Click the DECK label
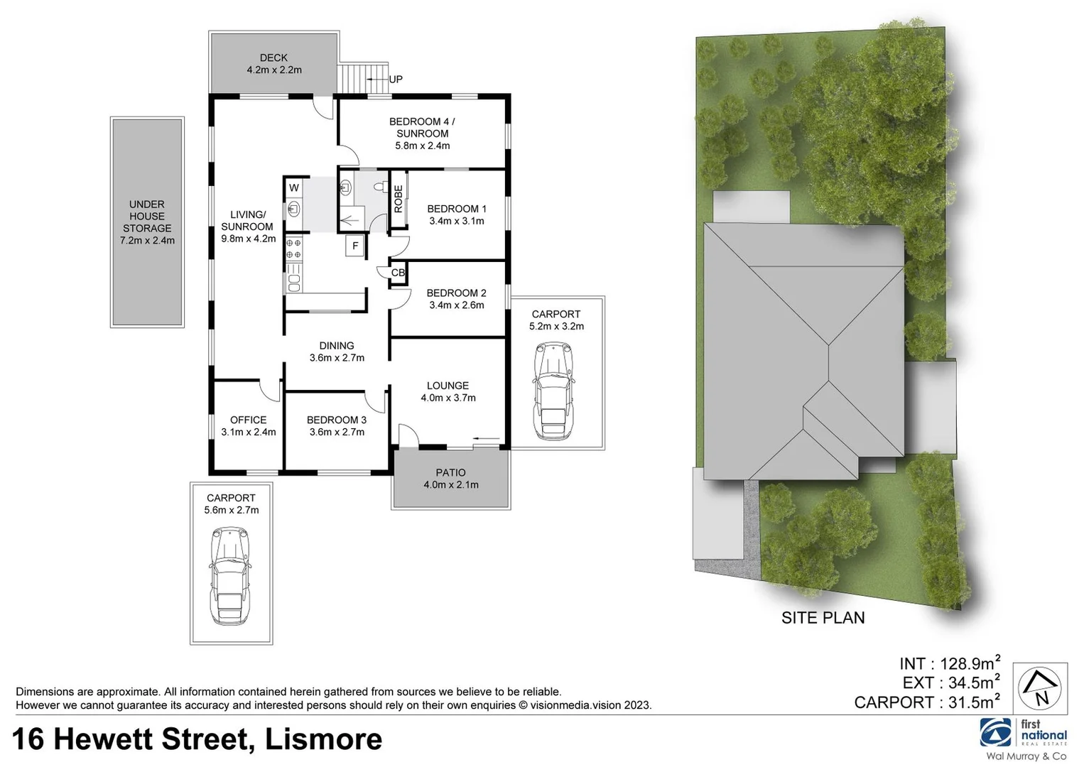tap(273, 58)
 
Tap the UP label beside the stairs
tap(396, 79)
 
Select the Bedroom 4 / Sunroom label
tap(422, 127)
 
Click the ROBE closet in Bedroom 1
tap(399, 199)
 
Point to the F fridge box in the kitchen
tap(355, 246)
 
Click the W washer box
tap(293, 188)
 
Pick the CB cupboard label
tap(398, 273)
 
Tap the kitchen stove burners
tap(293, 249)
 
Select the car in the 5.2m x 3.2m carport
tap(553, 391)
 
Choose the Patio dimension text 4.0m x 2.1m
tap(451, 485)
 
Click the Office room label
tap(248, 420)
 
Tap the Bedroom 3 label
tap(337, 420)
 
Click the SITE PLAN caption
tap(823, 618)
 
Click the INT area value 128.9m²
tap(970, 663)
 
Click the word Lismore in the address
tap(323, 739)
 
